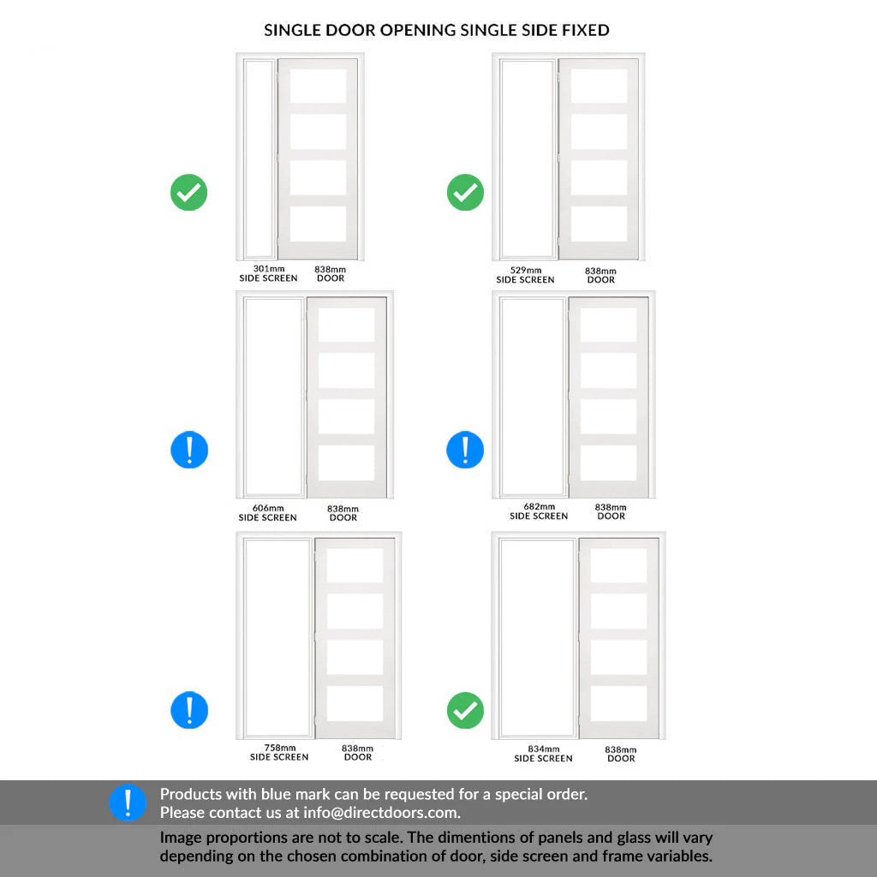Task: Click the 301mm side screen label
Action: tap(268, 273)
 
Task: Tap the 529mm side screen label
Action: tap(525, 275)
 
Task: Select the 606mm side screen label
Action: tap(268, 513)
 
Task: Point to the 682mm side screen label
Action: tap(539, 511)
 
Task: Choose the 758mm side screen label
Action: tap(279, 752)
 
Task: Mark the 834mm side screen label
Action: tap(543, 754)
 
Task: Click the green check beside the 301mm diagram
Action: tap(189, 193)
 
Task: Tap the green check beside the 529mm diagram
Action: tap(465, 193)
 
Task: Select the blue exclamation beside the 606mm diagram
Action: tap(189, 450)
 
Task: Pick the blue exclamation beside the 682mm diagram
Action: tap(465, 450)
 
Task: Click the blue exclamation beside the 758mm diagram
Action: tap(189, 710)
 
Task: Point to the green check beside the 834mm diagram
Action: tap(465, 710)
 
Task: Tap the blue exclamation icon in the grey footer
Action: tap(128, 802)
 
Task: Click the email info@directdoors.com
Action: tap(381, 813)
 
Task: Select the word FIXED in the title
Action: tap(586, 30)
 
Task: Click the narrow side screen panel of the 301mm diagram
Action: tap(259, 158)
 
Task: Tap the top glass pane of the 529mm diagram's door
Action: tap(599, 87)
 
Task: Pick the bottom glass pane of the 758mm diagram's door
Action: tap(355, 703)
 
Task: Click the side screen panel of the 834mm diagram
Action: tap(537, 637)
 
